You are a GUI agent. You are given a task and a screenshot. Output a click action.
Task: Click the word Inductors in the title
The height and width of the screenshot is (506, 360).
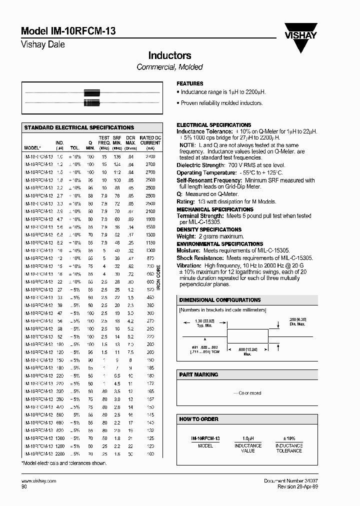click(x=169, y=55)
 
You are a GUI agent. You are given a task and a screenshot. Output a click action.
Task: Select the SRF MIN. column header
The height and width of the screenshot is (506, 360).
click(x=117, y=142)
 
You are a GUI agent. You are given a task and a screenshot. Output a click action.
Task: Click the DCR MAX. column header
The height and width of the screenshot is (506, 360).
click(x=130, y=142)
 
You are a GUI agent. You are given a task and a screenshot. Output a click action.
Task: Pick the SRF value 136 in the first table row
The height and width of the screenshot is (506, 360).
click(x=117, y=156)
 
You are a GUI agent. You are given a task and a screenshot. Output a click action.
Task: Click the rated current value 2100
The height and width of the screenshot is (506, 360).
click(x=150, y=211)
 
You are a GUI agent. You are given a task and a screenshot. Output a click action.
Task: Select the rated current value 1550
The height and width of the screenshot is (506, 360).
click(x=150, y=226)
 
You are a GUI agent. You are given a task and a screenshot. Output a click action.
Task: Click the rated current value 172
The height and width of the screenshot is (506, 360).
click(x=150, y=383)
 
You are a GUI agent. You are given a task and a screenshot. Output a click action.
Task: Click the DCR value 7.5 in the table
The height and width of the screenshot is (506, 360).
click(x=131, y=352)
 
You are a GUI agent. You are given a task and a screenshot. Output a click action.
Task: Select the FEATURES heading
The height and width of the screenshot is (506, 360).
click(x=190, y=83)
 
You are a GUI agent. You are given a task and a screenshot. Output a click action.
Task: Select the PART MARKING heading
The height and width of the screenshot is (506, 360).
click(x=199, y=374)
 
